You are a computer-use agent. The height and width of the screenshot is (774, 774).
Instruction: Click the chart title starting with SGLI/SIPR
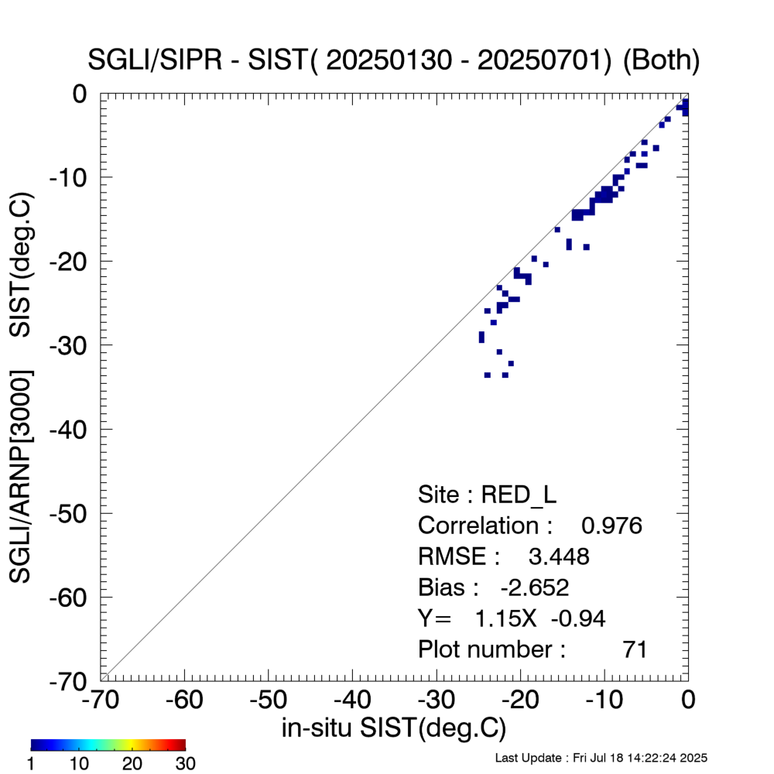pyautogui.click(x=395, y=61)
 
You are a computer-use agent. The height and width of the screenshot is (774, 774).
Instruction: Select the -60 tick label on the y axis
pyautogui.click(x=74, y=597)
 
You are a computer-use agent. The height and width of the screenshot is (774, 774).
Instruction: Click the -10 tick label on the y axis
pyautogui.click(x=74, y=177)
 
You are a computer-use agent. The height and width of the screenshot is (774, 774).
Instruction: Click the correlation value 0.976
pyautogui.click(x=611, y=526)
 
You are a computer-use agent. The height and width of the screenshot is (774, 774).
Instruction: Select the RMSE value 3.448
pyautogui.click(x=558, y=557)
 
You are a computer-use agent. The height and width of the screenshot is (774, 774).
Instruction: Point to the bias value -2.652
pyautogui.click(x=535, y=587)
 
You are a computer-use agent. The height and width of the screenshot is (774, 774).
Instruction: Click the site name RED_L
pyautogui.click(x=519, y=495)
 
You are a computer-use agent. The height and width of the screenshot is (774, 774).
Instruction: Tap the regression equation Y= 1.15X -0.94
pyautogui.click(x=511, y=618)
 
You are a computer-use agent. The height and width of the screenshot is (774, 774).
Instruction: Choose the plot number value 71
pyautogui.click(x=635, y=649)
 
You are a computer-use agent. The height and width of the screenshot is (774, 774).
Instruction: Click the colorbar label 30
pyautogui.click(x=185, y=764)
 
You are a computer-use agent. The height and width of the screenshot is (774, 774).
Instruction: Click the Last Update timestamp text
pyautogui.click(x=601, y=758)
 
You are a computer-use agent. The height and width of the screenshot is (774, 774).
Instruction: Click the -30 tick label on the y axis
pyautogui.click(x=74, y=345)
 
